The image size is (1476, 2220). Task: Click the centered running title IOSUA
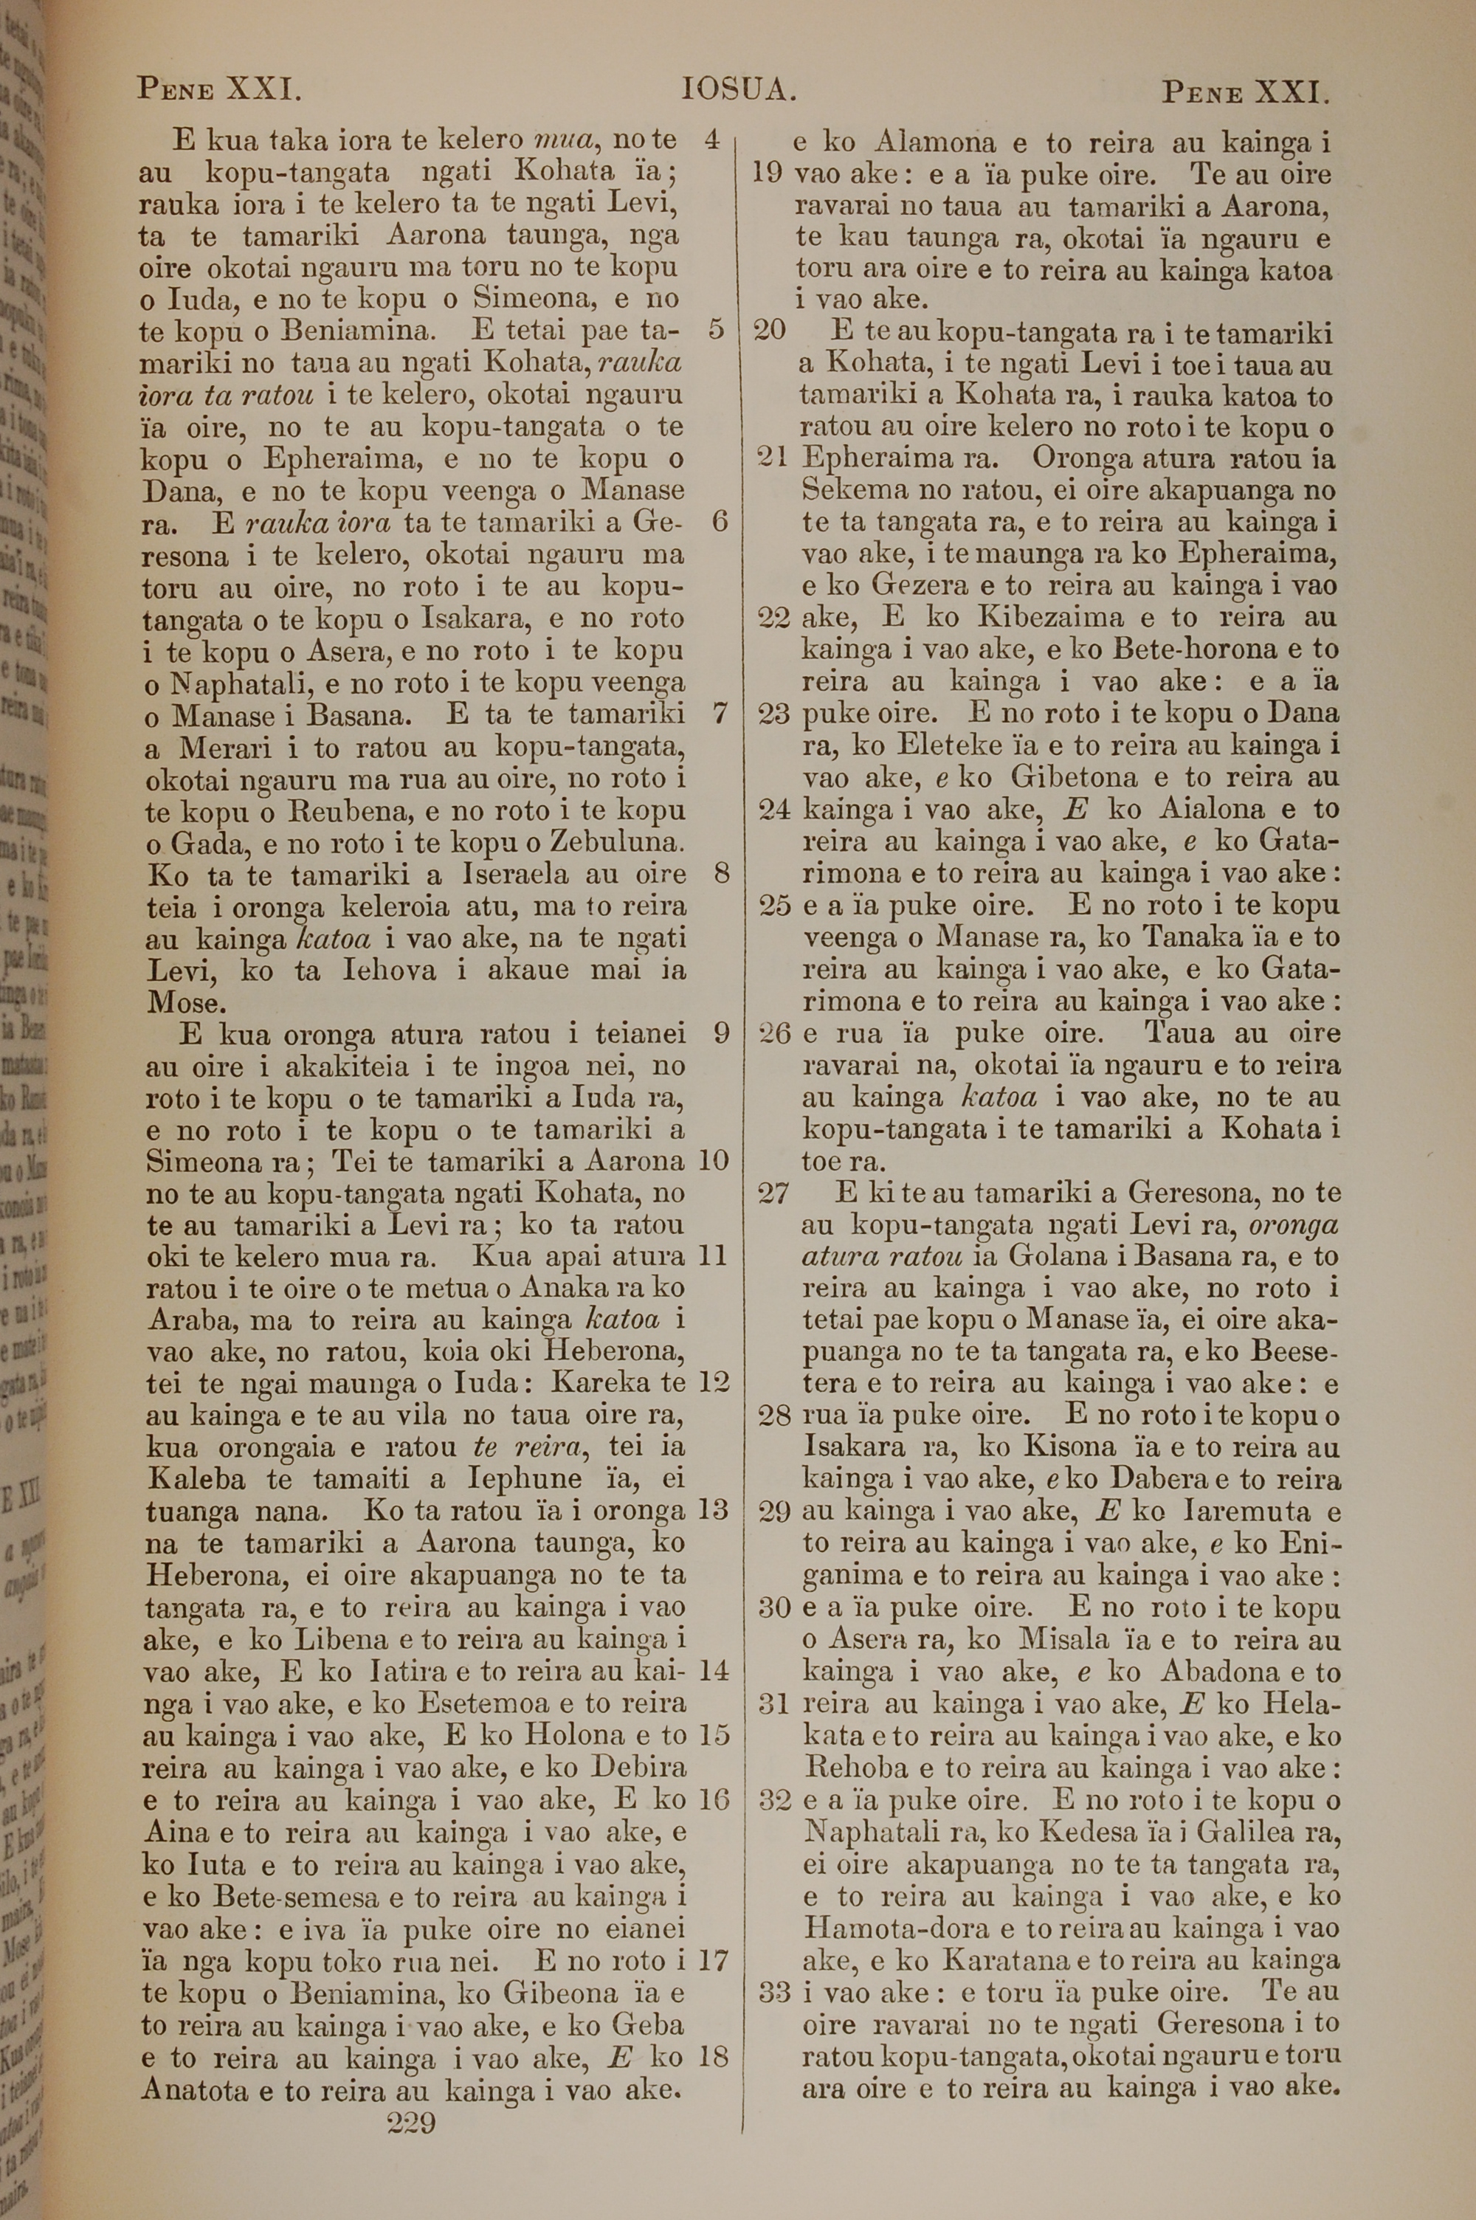pyautogui.click(x=739, y=90)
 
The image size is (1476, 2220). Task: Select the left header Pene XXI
pyautogui.click(x=219, y=89)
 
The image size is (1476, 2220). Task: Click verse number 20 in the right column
pyautogui.click(x=770, y=331)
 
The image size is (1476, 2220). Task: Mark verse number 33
pyautogui.click(x=773, y=1991)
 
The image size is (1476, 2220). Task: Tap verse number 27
pyautogui.click(x=773, y=1193)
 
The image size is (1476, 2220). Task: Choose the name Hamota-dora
pyautogui.click(x=894, y=1928)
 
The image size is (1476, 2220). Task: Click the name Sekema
pyautogui.click(x=855, y=489)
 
